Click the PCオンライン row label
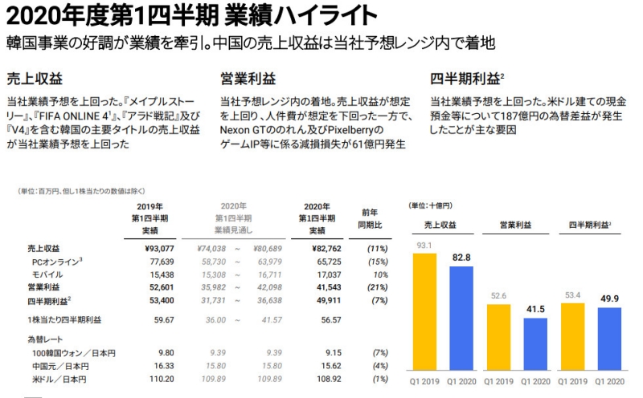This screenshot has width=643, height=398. point(59,262)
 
